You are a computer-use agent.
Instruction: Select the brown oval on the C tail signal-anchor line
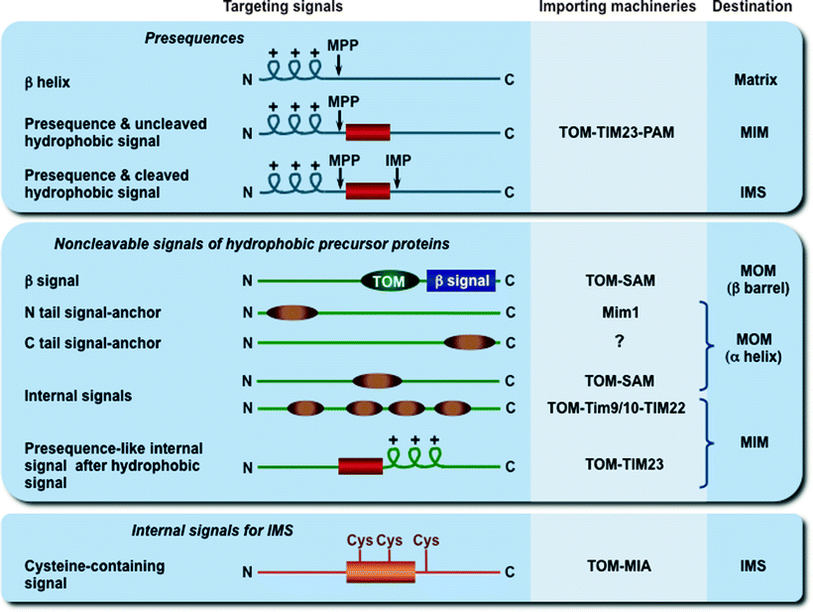470,343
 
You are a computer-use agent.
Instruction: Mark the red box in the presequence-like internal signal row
360,465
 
